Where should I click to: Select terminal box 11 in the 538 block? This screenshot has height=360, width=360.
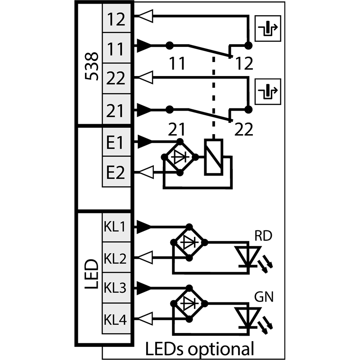(117, 48)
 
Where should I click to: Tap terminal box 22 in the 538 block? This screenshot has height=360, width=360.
(117, 78)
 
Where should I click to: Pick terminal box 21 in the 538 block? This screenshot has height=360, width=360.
(117, 109)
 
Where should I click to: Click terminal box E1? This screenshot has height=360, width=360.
(117, 142)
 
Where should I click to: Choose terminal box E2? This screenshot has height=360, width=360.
(117, 172)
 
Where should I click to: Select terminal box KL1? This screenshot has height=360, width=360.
(117, 227)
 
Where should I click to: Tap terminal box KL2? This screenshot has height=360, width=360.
(117, 257)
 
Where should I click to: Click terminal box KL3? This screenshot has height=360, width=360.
(117, 288)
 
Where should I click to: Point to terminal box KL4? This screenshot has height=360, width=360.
(117, 319)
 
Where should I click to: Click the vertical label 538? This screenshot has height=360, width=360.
(92, 66)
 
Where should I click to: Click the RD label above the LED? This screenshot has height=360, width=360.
(263, 235)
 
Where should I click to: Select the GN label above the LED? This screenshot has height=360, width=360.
(264, 297)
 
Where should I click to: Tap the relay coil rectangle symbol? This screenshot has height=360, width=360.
(214, 157)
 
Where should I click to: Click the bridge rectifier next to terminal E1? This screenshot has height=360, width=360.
(180, 157)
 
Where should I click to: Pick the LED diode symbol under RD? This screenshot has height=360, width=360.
(247, 256)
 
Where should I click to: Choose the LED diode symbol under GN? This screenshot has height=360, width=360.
(247, 318)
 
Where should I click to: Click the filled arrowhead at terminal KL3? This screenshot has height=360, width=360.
(144, 288)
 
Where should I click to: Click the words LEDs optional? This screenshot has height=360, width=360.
(200, 348)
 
